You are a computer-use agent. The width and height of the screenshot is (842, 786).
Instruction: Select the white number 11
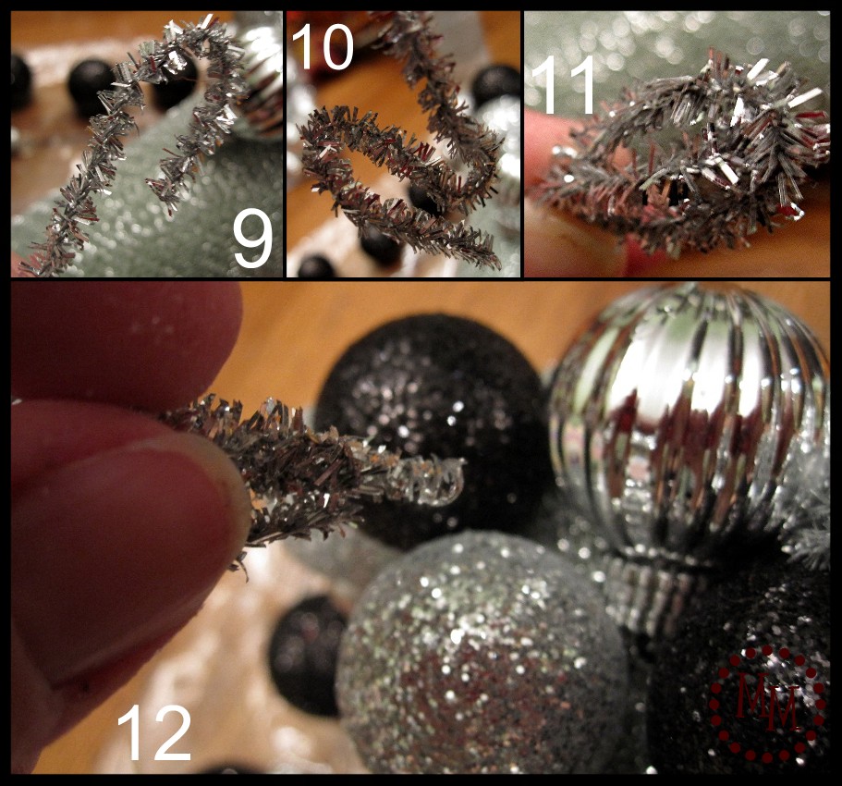(563, 85)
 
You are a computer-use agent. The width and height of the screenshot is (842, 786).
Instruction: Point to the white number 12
(153, 732)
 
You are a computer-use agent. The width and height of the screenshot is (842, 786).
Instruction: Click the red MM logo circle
(767, 705)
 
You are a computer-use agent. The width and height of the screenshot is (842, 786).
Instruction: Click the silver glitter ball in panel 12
(483, 656)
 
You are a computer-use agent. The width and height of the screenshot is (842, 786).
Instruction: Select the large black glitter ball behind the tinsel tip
(435, 424)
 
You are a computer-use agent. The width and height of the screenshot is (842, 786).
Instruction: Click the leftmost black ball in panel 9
(21, 81)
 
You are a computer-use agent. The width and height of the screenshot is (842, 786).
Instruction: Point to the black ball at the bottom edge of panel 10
(317, 267)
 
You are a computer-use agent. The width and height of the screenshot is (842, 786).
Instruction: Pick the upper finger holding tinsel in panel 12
(124, 344)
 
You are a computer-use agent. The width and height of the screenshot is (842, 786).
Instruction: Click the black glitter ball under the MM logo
(741, 677)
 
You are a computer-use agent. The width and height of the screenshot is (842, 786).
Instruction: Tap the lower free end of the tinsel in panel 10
(492, 258)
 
